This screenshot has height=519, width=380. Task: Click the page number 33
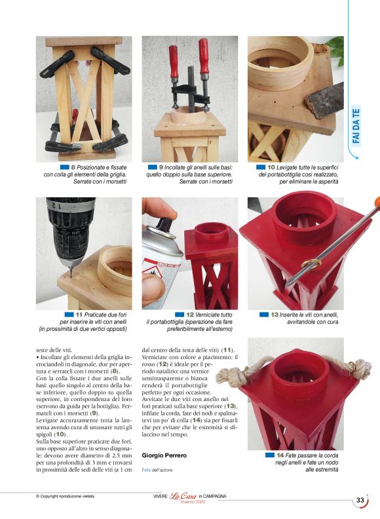point(360,500)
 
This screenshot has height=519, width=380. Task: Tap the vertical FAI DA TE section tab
point(356,126)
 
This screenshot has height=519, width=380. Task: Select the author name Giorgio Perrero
point(164,455)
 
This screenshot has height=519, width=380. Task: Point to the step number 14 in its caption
point(280,455)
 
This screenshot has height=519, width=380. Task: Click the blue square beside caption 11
point(69,315)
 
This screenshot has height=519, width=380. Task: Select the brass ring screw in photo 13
point(311,264)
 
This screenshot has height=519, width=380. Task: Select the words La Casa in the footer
point(183,496)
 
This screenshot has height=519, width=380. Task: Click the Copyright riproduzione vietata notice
point(65,496)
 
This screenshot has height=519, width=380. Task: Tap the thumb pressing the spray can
point(153,288)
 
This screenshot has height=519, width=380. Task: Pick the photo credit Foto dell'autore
point(157,470)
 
